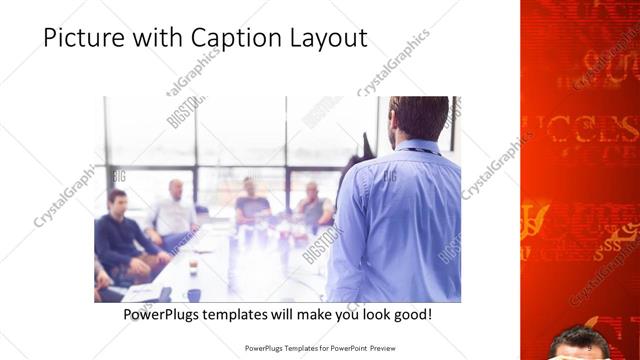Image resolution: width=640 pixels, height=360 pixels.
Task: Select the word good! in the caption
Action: tap(410, 314)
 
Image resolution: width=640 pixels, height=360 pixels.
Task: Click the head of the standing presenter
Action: tap(418, 118)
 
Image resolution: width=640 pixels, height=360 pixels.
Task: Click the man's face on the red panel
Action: tap(580, 345)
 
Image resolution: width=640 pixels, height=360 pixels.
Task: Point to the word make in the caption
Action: tap(298, 314)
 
